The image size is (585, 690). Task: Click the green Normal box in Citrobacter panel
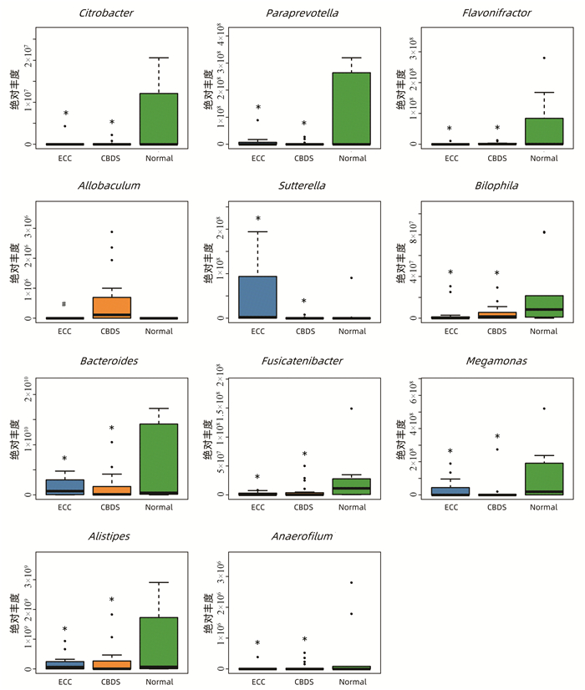[159, 119]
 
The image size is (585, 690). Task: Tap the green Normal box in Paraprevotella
[351, 108]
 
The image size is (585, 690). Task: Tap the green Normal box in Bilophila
[543, 306]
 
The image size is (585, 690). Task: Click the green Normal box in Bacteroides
[159, 459]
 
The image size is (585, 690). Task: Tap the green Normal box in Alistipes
[159, 642]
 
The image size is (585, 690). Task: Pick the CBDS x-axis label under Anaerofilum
[305, 682]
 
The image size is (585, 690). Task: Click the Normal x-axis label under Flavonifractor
[543, 157]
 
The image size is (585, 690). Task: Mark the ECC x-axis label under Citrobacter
[64, 157]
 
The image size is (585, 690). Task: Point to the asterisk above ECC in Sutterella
[258, 220]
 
